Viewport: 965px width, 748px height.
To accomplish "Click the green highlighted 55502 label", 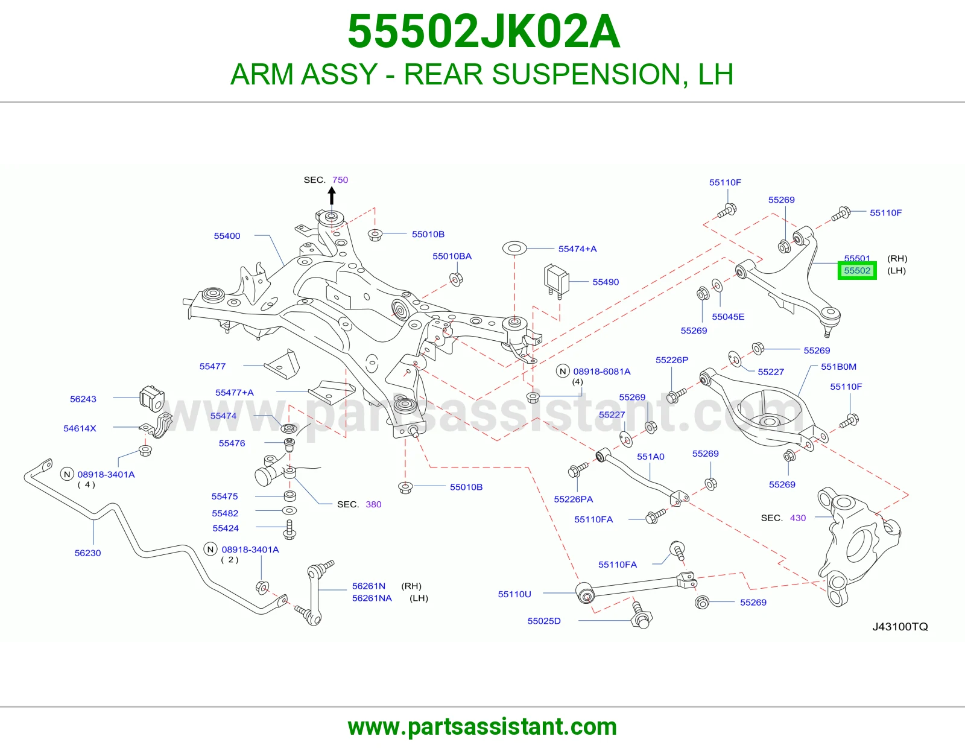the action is point(856,270).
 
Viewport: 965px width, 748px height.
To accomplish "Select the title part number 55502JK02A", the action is point(483,31).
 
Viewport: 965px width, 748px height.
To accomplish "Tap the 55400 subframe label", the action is point(227,236).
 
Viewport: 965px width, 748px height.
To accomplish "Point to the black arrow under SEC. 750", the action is point(331,196).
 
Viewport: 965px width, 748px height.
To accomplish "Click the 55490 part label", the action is point(606,282).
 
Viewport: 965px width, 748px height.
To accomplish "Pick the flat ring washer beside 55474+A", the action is point(514,248).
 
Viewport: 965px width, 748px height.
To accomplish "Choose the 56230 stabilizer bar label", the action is point(87,553).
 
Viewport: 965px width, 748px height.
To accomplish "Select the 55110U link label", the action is point(514,594).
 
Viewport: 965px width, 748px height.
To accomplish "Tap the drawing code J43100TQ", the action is point(900,627).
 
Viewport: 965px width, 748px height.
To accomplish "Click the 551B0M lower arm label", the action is point(838,367).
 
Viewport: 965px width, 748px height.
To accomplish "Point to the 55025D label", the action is point(544,621).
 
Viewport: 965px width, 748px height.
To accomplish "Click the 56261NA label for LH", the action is point(372,598).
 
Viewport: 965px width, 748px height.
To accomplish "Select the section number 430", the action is point(797,518).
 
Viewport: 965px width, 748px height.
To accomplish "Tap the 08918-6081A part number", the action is point(602,372).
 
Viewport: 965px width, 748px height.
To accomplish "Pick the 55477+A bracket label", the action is point(235,393).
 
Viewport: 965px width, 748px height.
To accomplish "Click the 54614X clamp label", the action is point(80,429).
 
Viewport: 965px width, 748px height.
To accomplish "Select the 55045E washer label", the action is point(728,317).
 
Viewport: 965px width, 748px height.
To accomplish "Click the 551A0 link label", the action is point(651,457).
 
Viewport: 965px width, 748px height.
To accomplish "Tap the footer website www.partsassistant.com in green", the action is point(482,727).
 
